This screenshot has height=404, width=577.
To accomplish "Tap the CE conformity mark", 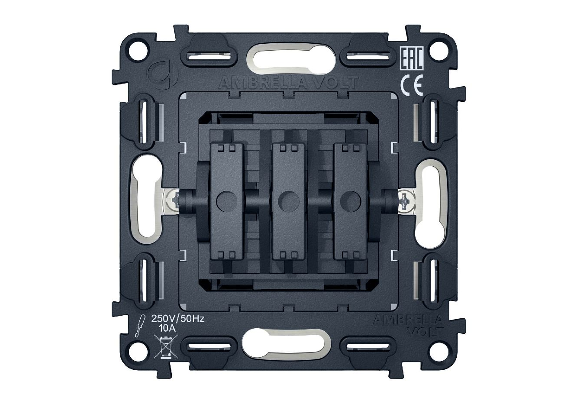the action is point(412,85).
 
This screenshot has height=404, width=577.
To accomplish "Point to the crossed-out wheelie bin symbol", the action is point(166,346).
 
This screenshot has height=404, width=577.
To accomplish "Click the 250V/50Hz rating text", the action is point(178,319).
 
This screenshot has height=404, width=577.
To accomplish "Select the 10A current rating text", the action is point(167,328).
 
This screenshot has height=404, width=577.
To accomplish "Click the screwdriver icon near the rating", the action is point(139,326).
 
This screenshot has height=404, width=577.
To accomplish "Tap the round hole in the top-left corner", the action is point(139,51).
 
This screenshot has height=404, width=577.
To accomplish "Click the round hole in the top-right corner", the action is point(439,51).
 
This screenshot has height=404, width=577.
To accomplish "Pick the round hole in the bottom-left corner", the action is point(139,351).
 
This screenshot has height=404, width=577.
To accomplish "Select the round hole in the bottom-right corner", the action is point(439,351).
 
